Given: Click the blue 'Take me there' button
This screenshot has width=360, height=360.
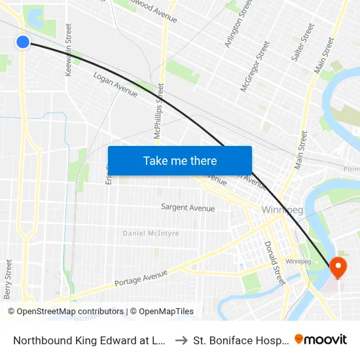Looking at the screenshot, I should [180, 160].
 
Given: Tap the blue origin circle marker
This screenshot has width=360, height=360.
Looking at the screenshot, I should [23, 42].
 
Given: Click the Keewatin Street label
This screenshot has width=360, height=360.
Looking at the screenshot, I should [69, 51].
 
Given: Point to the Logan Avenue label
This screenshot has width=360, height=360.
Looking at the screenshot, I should [115, 84].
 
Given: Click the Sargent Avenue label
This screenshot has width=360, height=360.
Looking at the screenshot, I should [188, 207].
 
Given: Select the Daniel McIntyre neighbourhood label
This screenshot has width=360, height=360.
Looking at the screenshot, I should [151, 233].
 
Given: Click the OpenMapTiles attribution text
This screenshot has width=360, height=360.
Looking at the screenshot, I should [162, 312].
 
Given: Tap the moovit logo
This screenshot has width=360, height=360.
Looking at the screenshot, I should [321, 339].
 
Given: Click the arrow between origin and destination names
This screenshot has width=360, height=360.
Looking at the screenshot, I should [181, 340].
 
